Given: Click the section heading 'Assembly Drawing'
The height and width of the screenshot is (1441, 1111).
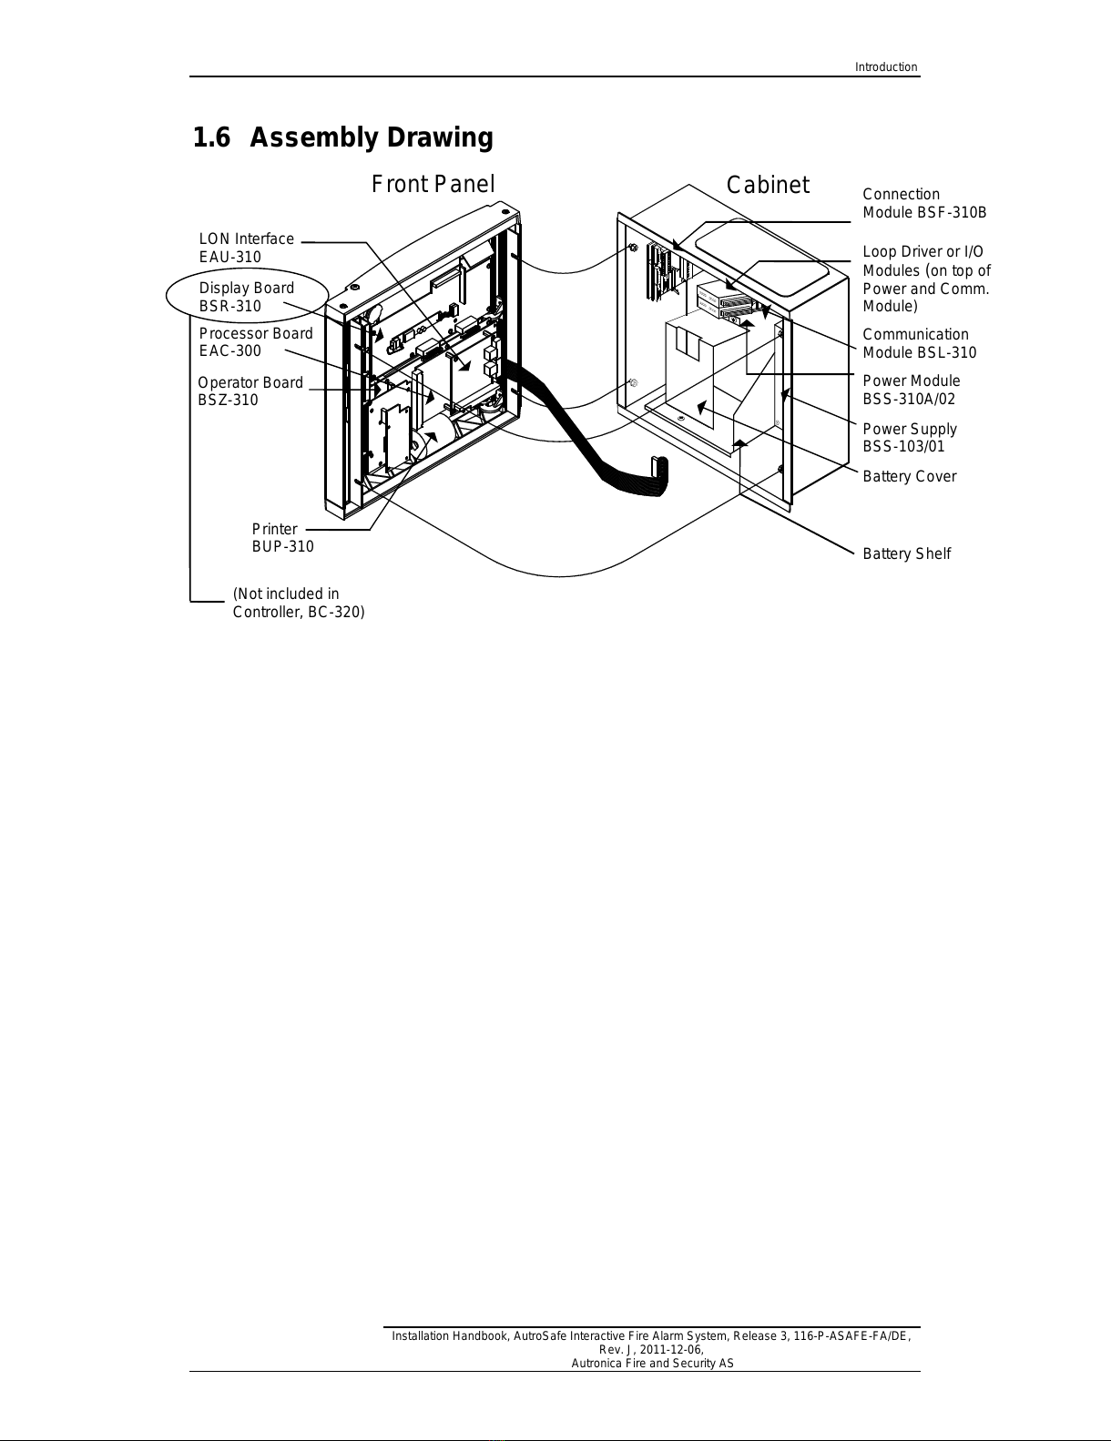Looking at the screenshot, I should click(371, 138).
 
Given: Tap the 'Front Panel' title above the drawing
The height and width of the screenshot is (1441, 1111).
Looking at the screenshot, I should click(433, 185).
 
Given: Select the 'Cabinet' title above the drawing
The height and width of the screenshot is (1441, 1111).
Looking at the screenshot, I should click(768, 186).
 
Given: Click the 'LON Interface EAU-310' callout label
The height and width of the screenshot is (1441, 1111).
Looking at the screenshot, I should click(246, 248).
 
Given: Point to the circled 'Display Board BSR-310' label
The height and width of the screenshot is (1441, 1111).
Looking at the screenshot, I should click(247, 297).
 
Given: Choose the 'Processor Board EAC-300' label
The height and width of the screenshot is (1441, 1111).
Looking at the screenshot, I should click(255, 342).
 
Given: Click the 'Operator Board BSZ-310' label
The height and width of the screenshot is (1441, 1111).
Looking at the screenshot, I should click(250, 391).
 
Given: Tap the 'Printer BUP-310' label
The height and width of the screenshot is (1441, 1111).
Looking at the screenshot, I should click(282, 538).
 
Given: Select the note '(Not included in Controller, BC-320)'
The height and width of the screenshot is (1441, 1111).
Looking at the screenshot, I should click(298, 603).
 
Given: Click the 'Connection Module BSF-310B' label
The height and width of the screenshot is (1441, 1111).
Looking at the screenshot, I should click(923, 203).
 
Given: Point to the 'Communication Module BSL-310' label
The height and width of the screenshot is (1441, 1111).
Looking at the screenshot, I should click(919, 343).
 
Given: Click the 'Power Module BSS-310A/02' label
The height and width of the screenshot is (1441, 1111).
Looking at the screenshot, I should click(911, 390).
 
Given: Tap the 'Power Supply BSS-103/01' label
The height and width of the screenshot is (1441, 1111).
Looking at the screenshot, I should click(909, 438).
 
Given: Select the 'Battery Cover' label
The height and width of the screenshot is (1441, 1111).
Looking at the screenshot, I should click(909, 477).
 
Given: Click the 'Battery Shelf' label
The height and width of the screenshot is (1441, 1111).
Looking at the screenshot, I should click(906, 554).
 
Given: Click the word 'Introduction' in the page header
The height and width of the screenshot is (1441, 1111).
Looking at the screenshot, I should click(885, 67).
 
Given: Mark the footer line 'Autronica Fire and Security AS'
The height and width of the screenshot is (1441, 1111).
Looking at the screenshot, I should click(652, 1363).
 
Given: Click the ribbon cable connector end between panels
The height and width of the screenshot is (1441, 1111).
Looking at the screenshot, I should click(657, 476).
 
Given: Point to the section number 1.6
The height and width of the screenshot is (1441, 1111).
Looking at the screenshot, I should click(210, 138).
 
